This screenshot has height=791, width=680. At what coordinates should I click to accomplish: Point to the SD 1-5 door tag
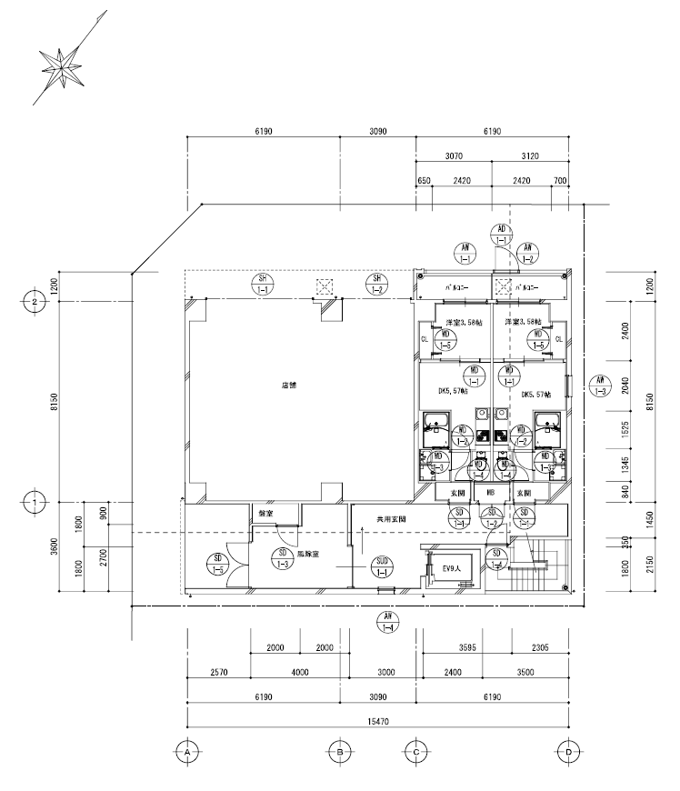point(219,564)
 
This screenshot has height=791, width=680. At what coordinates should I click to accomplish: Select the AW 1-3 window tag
point(598,385)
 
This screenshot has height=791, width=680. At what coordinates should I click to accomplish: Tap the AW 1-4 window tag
point(387,623)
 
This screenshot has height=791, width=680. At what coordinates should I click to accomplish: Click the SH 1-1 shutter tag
point(263,285)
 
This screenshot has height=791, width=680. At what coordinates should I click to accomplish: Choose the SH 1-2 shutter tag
point(375,285)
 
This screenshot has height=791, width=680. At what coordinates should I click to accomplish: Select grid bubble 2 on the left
point(34,300)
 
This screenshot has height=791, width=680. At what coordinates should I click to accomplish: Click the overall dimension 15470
point(377,720)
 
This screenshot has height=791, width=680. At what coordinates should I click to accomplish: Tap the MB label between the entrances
point(491,493)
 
